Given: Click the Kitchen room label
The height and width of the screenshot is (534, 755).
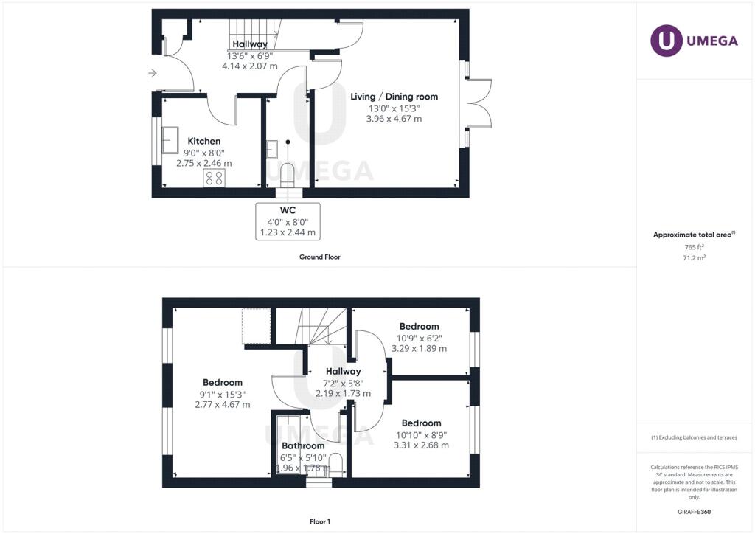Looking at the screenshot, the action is pos(204,141).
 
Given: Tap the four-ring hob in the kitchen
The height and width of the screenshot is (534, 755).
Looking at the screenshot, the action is pos(215,178).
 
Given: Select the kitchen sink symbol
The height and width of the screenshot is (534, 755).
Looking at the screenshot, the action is pos(170,139).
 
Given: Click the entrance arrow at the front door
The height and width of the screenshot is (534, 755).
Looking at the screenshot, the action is pos(153,73).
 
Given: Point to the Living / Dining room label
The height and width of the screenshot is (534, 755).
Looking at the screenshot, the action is pos(394,97).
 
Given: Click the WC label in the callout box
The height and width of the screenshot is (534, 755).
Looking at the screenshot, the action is pos(288,210).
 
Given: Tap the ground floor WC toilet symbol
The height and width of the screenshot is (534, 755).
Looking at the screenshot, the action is pos(287,176).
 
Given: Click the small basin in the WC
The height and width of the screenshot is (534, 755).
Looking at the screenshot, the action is pos(271,149).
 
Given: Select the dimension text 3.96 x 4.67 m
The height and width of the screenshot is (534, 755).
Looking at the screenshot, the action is pos(394,119).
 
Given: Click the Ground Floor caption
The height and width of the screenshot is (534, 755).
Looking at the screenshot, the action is pos(320,257).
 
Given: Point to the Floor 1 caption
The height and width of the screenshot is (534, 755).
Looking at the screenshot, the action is pos(320,521).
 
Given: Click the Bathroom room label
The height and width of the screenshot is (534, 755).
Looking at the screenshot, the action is pos(303,446).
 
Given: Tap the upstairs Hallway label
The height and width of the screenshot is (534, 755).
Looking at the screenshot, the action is pos(343,371).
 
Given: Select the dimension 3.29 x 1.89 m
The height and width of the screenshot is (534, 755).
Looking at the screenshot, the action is pos(419,348).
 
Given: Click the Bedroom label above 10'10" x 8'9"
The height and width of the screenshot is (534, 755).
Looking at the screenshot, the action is pos(421,423).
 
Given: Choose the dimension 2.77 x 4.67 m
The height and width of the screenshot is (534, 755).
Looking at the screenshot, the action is pos(223,404).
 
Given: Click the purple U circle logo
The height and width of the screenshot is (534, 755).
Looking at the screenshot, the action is pos(667,41).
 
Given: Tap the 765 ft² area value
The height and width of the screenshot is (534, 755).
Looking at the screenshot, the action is pos(694,247).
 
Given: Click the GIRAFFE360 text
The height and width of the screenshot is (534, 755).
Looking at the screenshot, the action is pos(694,512).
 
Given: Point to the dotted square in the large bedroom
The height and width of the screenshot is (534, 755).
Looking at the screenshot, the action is pos(257,326).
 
